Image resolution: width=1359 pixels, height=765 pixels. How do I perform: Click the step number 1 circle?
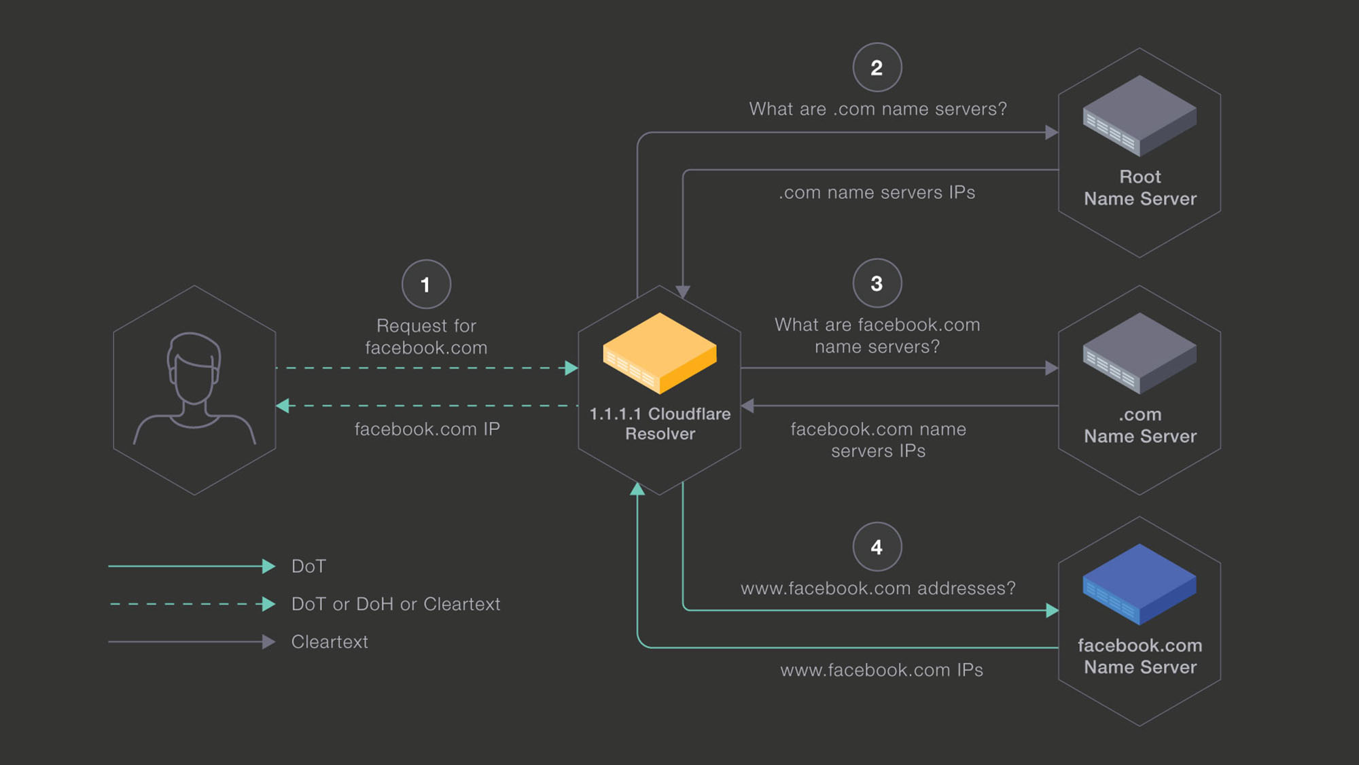[426, 284]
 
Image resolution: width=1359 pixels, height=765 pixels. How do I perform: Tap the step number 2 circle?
[877, 67]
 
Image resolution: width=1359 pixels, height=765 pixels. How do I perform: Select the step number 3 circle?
[877, 283]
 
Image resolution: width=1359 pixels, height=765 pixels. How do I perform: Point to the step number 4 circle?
[877, 547]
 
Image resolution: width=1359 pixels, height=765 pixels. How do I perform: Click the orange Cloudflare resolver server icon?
[659, 353]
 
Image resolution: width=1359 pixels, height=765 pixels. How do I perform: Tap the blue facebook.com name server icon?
[1140, 584]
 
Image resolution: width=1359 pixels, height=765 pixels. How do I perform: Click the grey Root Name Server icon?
[1140, 115]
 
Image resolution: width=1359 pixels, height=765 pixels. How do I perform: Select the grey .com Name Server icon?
[1140, 353]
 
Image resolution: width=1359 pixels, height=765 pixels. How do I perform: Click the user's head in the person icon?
[194, 367]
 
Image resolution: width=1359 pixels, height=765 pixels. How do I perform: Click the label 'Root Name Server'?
[1140, 188]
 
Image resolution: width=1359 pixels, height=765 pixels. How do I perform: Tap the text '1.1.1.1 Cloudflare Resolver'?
[660, 424]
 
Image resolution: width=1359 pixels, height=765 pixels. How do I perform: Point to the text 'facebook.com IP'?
[427, 429]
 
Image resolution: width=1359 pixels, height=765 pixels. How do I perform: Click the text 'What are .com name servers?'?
[877, 109]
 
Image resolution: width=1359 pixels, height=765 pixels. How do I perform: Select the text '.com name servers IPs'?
[877, 193]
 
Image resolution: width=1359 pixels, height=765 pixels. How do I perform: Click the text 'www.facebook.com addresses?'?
[878, 588]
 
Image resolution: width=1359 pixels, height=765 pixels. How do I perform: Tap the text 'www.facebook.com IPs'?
[881, 671]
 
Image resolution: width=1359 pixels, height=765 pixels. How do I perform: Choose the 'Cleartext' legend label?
[330, 642]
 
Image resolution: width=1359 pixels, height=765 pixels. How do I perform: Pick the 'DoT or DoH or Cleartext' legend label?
[395, 604]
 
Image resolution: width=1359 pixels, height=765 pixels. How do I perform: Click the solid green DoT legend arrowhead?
[269, 566]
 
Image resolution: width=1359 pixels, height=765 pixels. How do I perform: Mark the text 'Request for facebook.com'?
[426, 337]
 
